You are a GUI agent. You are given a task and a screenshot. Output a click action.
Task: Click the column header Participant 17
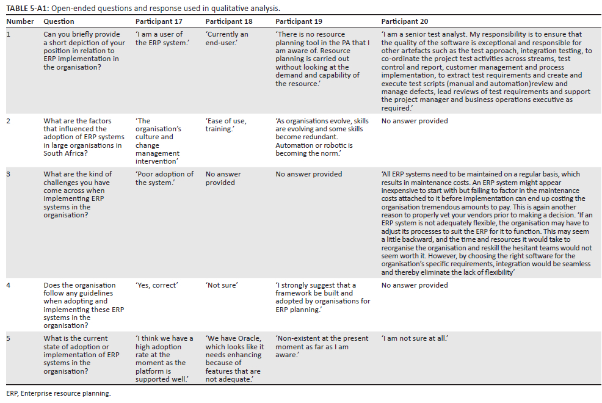point(159,21)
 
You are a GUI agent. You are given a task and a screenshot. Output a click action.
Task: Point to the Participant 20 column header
point(405,21)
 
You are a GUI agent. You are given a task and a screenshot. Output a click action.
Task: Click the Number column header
point(20,21)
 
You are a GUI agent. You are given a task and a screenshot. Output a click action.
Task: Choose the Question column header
point(59,21)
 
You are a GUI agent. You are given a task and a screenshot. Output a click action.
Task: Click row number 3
point(9,174)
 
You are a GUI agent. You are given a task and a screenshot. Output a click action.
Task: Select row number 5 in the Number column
point(9,338)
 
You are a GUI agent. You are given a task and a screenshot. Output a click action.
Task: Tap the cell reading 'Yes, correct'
point(156,285)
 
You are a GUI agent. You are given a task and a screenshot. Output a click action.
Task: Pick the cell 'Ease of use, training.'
point(226,125)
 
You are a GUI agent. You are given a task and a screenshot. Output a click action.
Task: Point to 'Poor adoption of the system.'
point(164,178)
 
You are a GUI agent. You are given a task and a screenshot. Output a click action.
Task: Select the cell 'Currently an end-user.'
point(227,38)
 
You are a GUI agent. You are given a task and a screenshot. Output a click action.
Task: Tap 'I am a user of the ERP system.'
point(161,38)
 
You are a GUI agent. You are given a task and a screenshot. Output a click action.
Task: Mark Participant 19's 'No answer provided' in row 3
point(308,174)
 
